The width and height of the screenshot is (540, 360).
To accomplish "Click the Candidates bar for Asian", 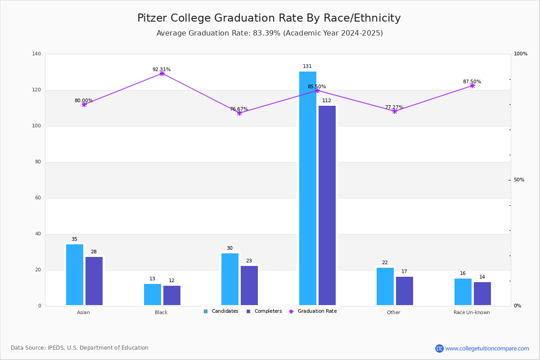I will point(75,274).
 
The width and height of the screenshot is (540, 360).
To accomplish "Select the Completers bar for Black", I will point(172,295).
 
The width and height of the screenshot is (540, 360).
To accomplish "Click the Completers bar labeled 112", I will point(327,205).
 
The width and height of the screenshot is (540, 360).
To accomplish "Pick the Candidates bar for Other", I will point(385,286).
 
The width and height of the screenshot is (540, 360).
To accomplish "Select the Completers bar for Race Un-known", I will point(482,293).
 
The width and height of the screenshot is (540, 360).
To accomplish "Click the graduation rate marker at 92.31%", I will point(162,73).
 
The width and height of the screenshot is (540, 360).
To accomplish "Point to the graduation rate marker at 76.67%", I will point(239,113).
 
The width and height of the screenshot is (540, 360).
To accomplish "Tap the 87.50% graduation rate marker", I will point(472,85).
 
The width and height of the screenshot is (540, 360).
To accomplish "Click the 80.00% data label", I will point(84,101).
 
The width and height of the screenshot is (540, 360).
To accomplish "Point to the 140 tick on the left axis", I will point(36,54).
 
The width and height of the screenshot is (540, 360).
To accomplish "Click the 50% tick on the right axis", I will point(519,180).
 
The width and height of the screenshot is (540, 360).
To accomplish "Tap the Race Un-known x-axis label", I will point(472,312).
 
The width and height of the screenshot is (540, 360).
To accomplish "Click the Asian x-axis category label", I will point(83,312).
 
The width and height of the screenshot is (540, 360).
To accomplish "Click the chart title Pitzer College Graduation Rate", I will point(269,18).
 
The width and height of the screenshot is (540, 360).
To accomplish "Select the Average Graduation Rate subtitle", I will point(270,33).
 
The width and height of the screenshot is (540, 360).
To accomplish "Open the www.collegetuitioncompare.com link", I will point(487,348).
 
